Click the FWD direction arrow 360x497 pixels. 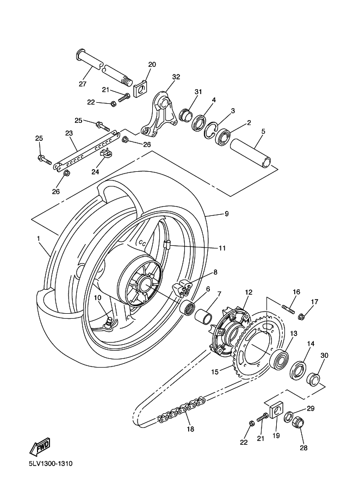(x=40, y=446)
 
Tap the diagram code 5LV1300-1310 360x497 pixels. (x=51, y=464)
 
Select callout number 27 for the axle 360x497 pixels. (x=83, y=84)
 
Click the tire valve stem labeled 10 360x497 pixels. (x=109, y=324)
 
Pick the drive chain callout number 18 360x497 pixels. (x=190, y=429)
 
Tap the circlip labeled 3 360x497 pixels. (x=210, y=131)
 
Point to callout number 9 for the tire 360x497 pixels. (x=227, y=214)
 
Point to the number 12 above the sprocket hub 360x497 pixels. (x=249, y=292)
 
